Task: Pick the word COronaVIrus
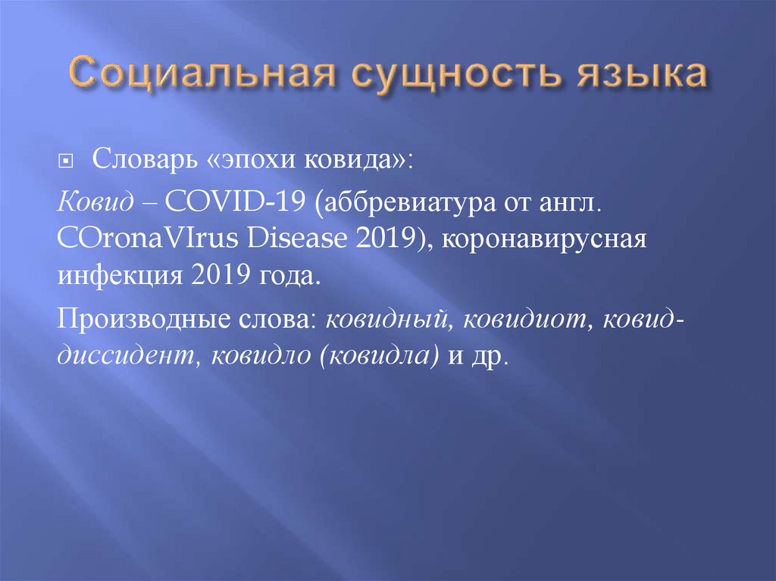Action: pyautogui.click(x=140, y=239)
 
